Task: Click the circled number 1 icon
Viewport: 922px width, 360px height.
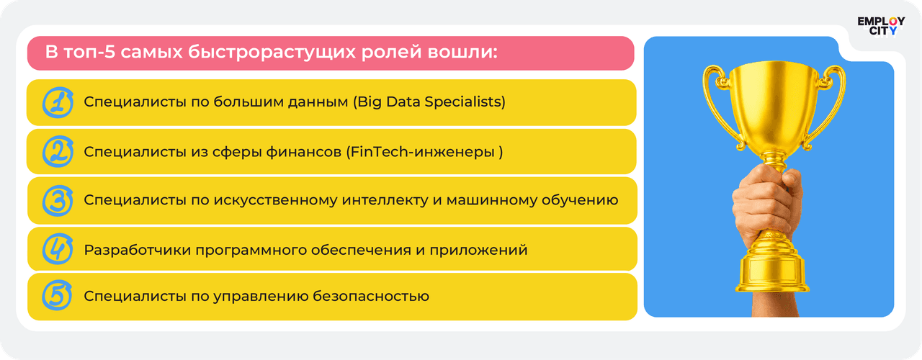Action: point(58,102)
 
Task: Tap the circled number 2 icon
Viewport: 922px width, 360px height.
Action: point(58,151)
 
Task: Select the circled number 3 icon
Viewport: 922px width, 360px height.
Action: point(58,201)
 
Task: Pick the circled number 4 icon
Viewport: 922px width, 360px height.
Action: point(58,249)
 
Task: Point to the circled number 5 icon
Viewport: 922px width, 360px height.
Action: point(57,295)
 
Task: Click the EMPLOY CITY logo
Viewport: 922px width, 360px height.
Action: point(881,26)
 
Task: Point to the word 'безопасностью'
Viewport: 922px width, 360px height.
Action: point(371,296)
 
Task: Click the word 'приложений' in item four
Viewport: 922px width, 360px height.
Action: point(478,250)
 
